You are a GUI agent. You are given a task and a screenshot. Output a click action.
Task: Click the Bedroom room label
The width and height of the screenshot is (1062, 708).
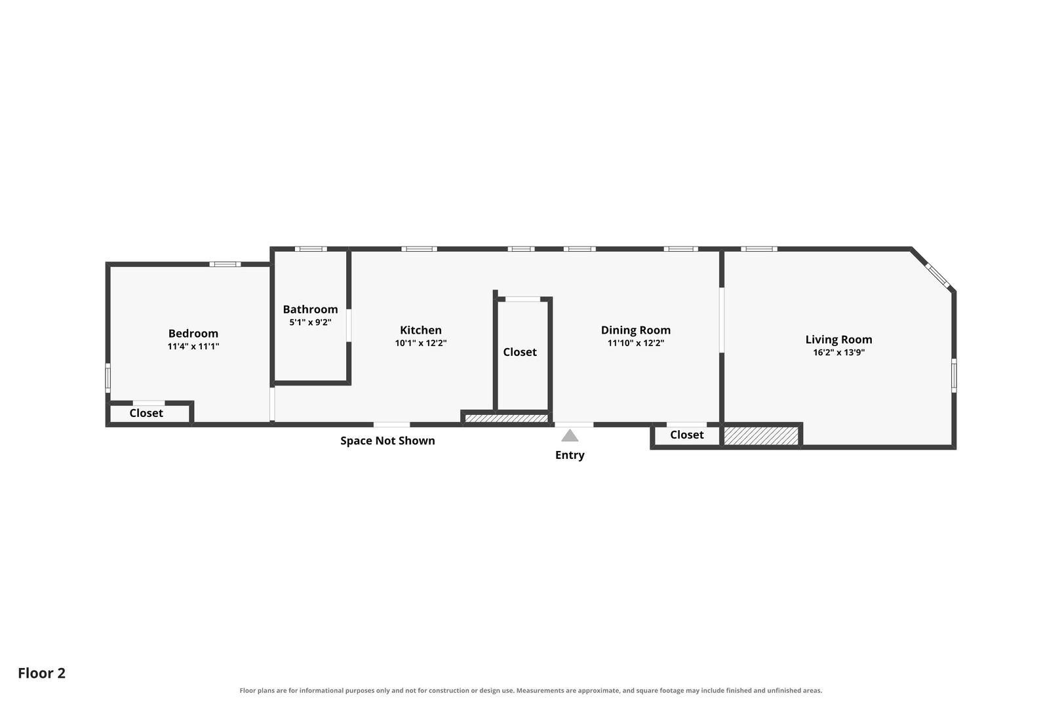tap(193, 334)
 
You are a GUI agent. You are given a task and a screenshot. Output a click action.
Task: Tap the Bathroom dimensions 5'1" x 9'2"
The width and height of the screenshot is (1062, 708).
tap(310, 323)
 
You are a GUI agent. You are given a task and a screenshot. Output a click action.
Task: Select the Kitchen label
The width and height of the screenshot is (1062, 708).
tap(420, 330)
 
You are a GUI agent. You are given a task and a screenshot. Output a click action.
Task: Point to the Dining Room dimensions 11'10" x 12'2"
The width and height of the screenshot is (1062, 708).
tap(636, 343)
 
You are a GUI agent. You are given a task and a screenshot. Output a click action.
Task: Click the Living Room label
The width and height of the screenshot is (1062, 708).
tap(838, 340)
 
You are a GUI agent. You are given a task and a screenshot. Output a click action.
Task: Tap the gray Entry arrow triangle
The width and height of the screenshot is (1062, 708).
tap(570, 435)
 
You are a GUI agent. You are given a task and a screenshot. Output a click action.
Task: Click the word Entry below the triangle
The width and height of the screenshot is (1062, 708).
tap(570, 455)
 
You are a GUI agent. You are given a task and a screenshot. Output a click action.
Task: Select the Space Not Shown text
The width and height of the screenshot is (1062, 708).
tap(387, 441)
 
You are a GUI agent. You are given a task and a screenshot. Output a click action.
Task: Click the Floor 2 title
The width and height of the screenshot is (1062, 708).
tap(42, 673)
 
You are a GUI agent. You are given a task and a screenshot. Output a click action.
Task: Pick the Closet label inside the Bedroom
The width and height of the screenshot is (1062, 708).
tap(146, 413)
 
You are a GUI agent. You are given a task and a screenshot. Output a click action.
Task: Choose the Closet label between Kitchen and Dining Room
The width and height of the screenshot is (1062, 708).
tap(520, 352)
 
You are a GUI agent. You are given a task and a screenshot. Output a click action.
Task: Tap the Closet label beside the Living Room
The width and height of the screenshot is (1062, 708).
tap(686, 435)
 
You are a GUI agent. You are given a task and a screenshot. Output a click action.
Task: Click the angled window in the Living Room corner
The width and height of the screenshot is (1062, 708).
tap(938, 275)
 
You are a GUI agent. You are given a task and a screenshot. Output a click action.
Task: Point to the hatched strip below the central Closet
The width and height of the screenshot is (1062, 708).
tap(506, 418)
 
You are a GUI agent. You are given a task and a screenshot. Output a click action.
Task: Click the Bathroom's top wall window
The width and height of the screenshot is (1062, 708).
tap(311, 249)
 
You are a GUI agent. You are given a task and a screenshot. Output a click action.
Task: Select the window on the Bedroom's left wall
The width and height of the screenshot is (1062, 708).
tap(108, 378)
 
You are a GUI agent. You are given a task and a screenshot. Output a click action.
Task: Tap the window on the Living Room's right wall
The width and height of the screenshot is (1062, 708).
tap(954, 375)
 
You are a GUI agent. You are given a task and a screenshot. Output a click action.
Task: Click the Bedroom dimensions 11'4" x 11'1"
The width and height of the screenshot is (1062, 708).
tap(193, 346)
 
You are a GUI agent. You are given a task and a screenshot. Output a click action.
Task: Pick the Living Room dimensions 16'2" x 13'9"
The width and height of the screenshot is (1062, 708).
tap(838, 352)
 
